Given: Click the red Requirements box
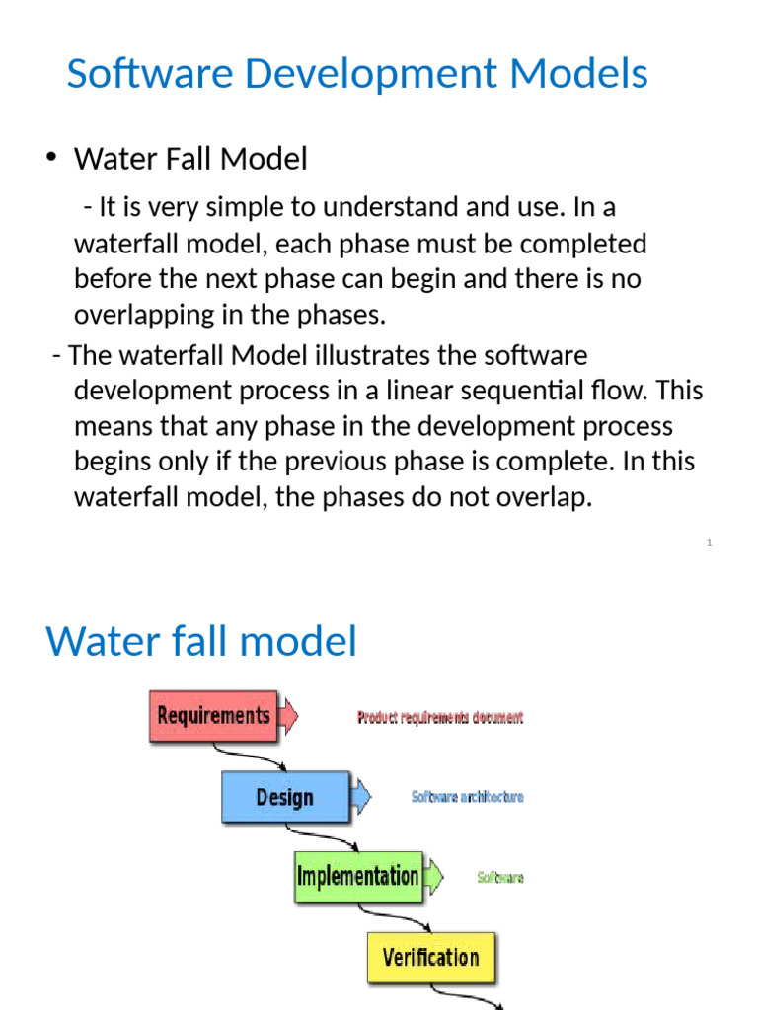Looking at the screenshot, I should pos(213,715).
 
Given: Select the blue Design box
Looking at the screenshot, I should pos(284,797).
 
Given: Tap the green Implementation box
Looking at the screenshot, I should pos(357,877).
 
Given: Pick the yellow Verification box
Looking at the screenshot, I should pos(430,957).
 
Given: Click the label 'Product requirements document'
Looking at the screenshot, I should pos(440,718).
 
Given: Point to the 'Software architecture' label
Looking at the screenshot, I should pos(468,797).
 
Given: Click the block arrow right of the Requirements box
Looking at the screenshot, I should pos(289,715).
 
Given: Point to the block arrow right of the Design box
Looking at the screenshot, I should pos(361,796).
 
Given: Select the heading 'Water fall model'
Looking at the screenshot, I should pos(201,642).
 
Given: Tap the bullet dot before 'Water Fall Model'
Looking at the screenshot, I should pos(50,157).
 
